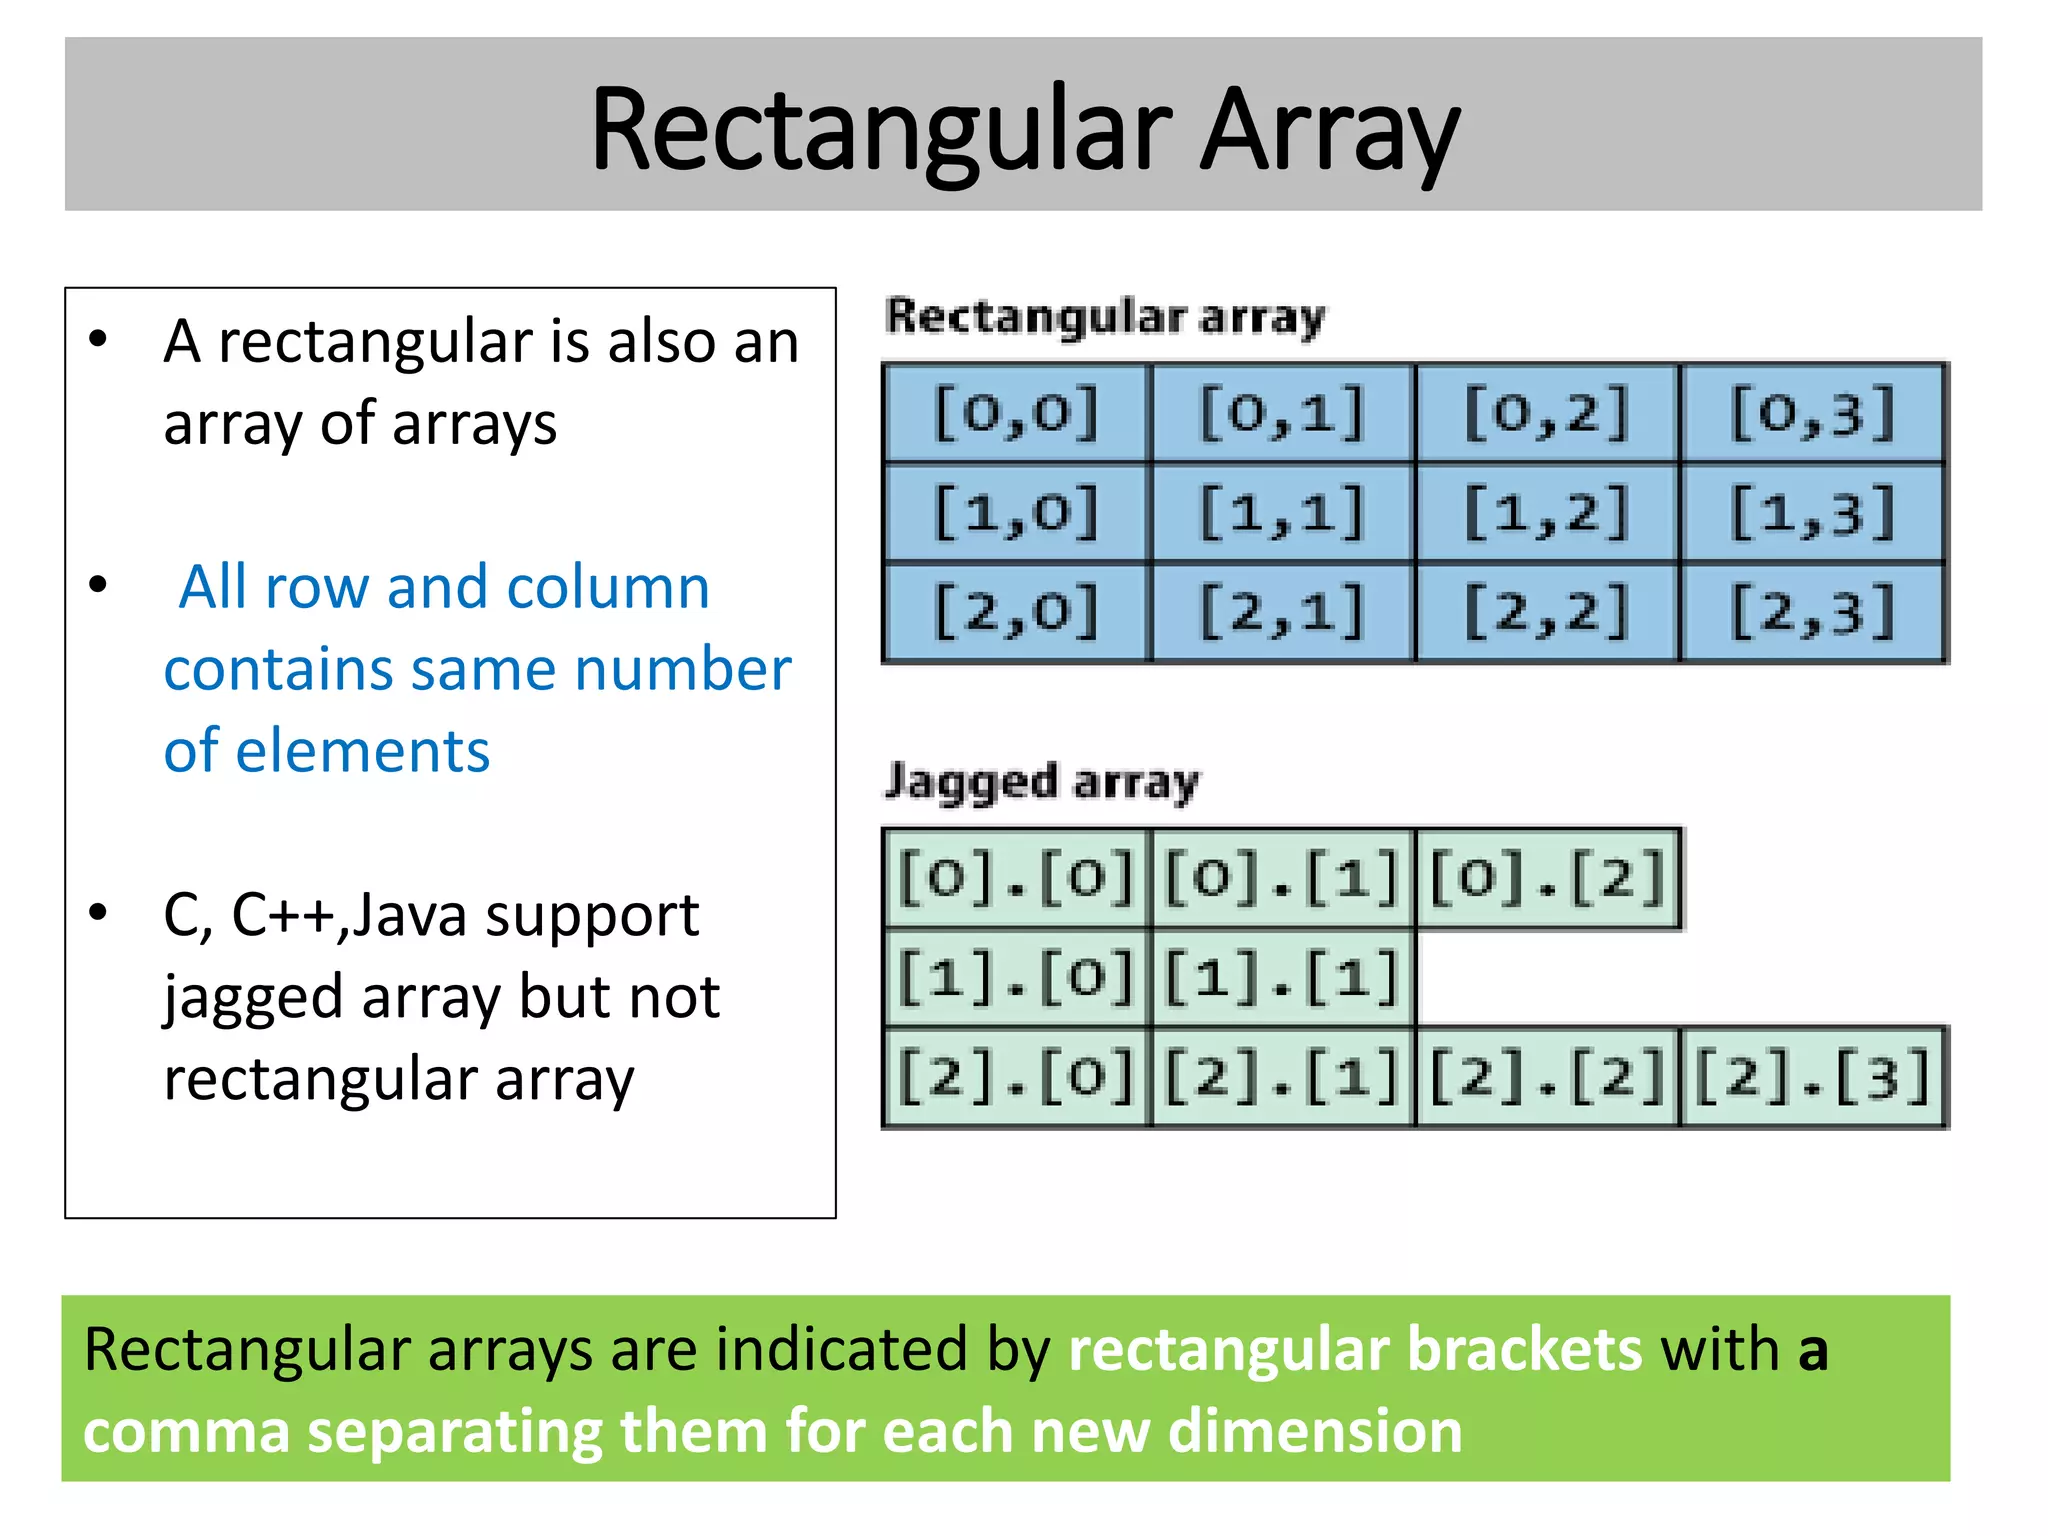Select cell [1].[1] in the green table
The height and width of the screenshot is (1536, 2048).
[1282, 978]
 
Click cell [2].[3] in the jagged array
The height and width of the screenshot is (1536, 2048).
[1813, 1078]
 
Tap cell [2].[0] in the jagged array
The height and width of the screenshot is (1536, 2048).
[1016, 1078]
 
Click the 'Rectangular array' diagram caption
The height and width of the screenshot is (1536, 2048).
[1105, 317]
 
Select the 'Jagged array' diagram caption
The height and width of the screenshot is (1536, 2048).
[1042, 782]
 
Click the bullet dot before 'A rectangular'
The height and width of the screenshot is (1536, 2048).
[98, 340]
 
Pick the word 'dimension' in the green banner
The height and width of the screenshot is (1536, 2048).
[1315, 1431]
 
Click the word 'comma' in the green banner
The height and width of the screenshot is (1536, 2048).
[186, 1431]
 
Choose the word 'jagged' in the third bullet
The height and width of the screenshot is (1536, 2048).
[253, 998]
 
